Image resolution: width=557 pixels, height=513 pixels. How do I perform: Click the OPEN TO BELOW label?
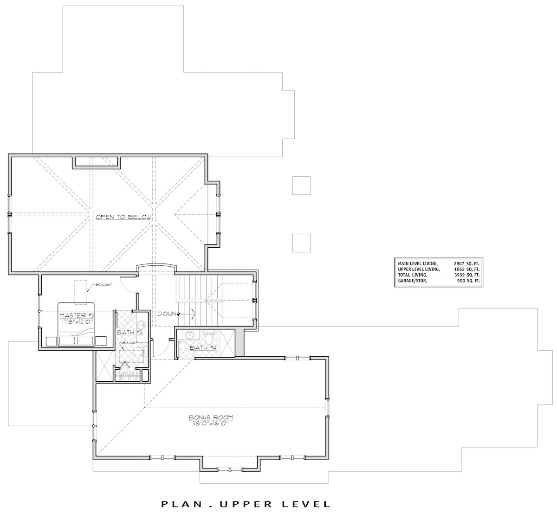(123, 217)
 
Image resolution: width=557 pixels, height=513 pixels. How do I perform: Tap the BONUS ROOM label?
(211, 417)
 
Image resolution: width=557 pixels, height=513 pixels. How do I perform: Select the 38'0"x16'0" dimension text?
(211, 423)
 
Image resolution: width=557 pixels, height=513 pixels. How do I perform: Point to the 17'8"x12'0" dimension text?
(77, 321)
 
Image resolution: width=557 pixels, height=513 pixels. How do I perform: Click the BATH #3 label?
(126, 333)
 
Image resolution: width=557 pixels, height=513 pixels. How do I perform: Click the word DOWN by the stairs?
(165, 314)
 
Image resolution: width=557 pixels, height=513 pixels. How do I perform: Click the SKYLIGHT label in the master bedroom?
(103, 284)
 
